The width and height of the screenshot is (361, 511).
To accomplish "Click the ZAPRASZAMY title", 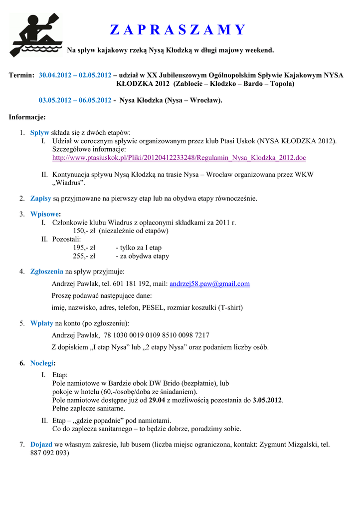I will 178,30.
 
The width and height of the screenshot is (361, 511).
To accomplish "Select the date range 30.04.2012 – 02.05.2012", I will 75,75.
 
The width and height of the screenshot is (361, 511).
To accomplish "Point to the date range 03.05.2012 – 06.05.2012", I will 75,100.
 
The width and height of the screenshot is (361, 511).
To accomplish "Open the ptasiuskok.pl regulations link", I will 179,158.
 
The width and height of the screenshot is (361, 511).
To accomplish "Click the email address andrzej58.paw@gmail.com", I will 209,284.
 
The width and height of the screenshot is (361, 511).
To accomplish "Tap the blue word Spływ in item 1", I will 40,133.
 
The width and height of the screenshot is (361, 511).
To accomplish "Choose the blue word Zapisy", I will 41,199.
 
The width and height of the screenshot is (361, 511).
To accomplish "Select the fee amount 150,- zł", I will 84,231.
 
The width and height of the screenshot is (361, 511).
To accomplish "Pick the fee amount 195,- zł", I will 84,248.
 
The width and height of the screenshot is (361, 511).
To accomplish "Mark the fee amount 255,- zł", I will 84,256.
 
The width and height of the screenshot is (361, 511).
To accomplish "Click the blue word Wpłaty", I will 42,323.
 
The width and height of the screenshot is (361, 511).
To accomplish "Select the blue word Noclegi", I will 42,363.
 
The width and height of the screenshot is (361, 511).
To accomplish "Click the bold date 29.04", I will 157,400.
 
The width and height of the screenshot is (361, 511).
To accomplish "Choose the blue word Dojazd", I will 41,444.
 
